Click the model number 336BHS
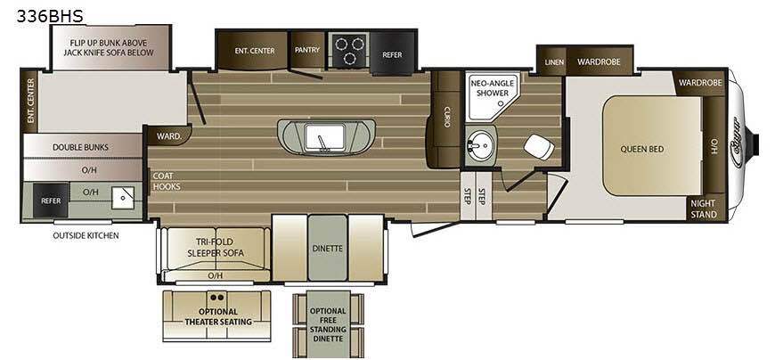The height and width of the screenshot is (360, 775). point(50,16)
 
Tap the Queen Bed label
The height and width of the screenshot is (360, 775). point(642,149)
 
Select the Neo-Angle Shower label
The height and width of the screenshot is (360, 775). point(489,88)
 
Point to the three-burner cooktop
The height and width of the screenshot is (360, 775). point(349,51)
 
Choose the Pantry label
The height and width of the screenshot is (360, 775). point(307,50)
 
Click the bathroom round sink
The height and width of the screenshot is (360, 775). point(479,145)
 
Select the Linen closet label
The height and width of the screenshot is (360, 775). point(554,62)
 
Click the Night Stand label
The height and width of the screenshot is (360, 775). point(704,209)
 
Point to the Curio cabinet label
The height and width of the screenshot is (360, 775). point(447,117)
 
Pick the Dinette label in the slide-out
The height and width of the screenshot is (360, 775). point(328,249)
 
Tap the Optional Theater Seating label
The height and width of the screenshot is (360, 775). point(218,317)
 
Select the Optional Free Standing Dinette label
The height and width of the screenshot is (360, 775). point(328,325)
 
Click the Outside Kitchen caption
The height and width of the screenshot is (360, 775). point(86,236)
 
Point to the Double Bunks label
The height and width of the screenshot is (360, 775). point(80,147)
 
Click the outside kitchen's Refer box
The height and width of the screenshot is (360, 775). point(51,200)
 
